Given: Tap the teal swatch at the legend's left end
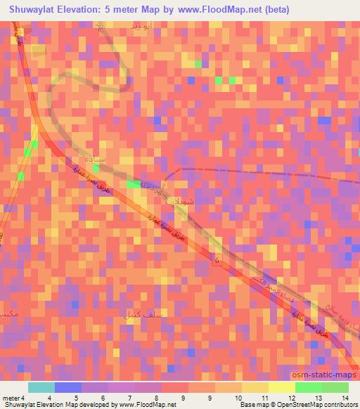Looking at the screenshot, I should [x=41, y=387].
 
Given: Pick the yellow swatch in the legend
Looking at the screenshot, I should [x=281, y=387].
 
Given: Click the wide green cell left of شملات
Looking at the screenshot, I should [x=133, y=184].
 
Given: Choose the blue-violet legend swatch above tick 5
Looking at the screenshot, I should [x=68, y=387].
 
